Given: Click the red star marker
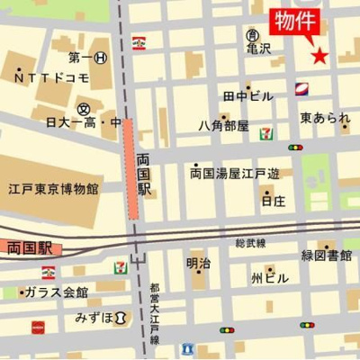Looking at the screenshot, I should [319, 56].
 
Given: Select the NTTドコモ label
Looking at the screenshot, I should [52, 78].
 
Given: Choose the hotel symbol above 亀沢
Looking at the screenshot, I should [253, 34].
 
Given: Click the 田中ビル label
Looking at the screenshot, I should [247, 94].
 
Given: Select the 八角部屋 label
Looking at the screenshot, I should [223, 126].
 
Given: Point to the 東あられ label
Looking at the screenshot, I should [325, 118].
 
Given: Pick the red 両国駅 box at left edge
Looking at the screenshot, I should [27, 245].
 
